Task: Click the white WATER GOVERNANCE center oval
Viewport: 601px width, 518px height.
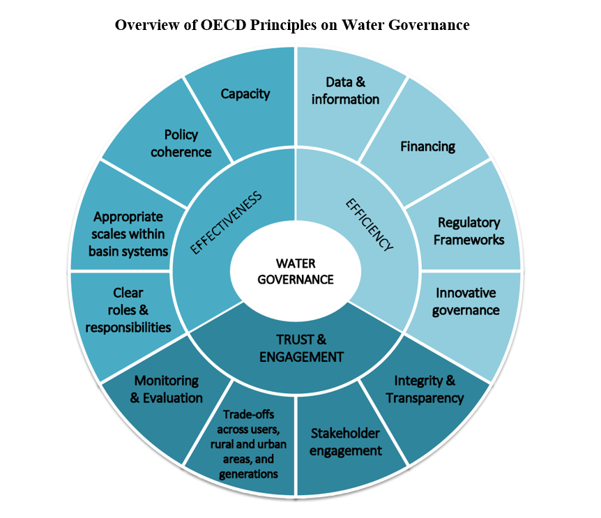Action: tap(295, 271)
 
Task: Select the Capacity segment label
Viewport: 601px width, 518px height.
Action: tap(245, 93)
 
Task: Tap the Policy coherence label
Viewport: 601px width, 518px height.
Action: tap(181, 143)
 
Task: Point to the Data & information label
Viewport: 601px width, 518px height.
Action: tap(345, 91)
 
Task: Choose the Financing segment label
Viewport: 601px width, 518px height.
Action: tap(427, 146)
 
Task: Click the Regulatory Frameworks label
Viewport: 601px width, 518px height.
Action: tap(469, 231)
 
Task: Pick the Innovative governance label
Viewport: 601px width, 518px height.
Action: tap(466, 300)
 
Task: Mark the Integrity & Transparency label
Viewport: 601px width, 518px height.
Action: tap(425, 389)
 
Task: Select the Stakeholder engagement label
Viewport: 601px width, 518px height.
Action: tap(346, 441)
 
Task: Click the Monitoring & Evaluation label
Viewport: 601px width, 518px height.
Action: tap(167, 389)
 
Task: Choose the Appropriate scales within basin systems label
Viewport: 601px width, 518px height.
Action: tap(128, 234)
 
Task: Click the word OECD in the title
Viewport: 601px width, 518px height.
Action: tap(217, 25)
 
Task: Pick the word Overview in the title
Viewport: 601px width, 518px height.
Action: tap(143, 25)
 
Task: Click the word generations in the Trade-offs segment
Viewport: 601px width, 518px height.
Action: tap(248, 474)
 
